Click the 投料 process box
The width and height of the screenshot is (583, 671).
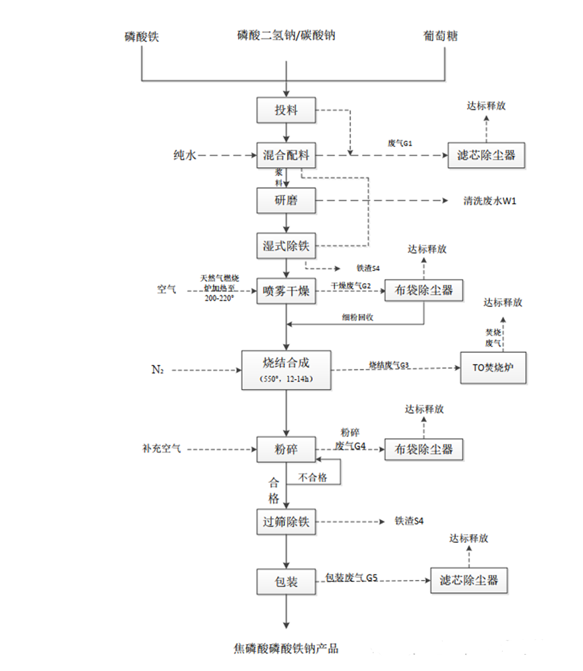[x=286, y=111]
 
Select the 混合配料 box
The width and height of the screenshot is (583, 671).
[x=286, y=156]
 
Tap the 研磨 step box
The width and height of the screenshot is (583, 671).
[x=286, y=200]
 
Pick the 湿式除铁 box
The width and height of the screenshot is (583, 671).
[x=286, y=246]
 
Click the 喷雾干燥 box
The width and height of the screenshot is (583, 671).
[x=286, y=291]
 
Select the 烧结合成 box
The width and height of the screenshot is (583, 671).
[x=286, y=369]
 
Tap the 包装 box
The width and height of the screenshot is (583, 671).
[x=286, y=581]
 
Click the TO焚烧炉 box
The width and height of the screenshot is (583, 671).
[x=492, y=368]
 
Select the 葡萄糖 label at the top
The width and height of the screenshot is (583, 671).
[x=441, y=36]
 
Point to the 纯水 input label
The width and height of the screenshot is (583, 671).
[x=183, y=156]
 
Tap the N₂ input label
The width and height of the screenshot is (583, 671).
[x=157, y=370]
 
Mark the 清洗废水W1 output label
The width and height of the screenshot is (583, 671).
[x=490, y=201]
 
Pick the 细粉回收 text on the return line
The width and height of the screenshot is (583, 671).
[x=357, y=317]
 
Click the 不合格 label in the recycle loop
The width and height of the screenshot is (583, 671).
[x=313, y=477]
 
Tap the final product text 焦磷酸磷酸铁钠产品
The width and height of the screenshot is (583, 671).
[x=286, y=649]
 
